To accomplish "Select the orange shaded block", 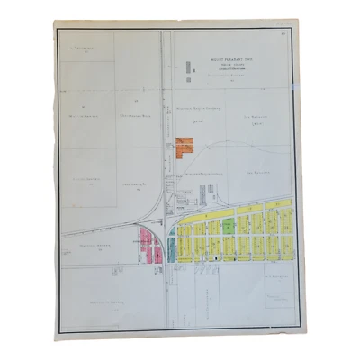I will [185, 147].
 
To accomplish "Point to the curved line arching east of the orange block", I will [216, 155].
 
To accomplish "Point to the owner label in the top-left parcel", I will [85, 47].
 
